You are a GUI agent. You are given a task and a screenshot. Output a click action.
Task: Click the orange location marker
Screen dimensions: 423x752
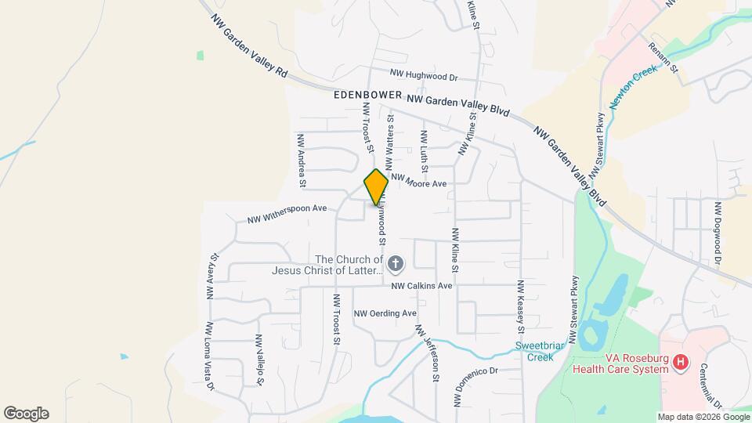[376, 187]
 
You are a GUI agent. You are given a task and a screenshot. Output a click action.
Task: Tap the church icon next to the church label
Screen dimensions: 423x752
[396, 264]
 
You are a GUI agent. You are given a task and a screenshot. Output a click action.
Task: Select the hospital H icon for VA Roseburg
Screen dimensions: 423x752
[681, 362]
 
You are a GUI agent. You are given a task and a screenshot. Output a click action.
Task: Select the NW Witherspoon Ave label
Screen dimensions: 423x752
[287, 214]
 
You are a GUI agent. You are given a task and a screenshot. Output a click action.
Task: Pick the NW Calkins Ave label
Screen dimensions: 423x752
[422, 286]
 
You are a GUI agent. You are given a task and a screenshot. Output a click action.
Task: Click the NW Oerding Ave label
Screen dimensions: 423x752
[385, 313]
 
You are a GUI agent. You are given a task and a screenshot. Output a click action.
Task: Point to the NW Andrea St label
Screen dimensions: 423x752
[301, 161]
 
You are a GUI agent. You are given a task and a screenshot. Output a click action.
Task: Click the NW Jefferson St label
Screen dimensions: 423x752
[428, 353]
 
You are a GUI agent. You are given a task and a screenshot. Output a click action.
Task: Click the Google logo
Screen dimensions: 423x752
[26, 414]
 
